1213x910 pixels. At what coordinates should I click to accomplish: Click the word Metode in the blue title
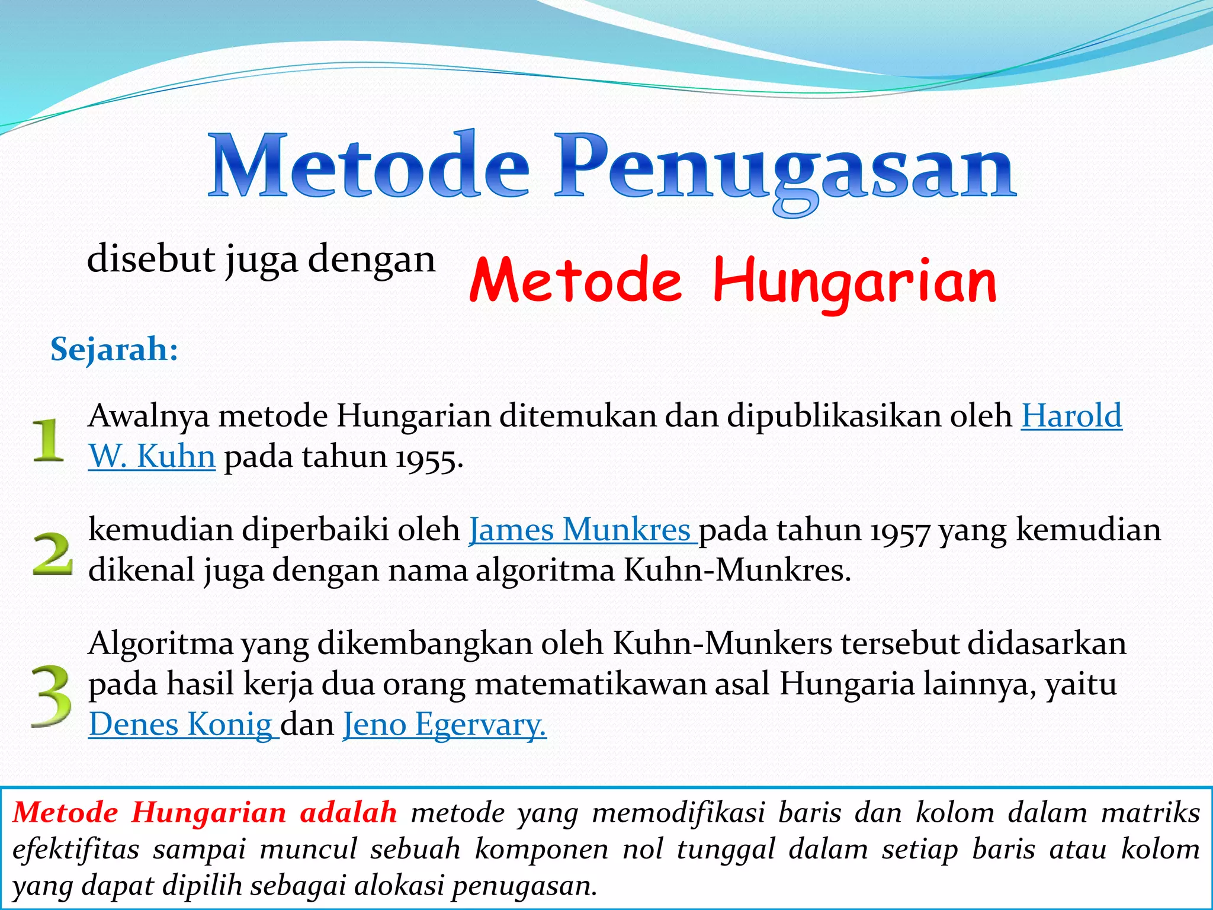(x=368, y=166)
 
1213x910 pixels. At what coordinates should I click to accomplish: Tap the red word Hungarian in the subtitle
(x=855, y=281)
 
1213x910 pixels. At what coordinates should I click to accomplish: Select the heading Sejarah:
(x=114, y=349)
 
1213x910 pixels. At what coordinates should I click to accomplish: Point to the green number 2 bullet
(x=52, y=553)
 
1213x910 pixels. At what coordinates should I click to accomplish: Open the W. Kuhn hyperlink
(x=152, y=457)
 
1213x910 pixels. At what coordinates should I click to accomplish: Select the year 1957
(x=900, y=530)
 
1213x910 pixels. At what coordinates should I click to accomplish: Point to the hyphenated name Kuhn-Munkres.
(x=737, y=570)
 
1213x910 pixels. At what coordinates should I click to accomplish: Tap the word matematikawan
(x=591, y=684)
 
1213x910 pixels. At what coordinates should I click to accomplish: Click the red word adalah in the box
(x=348, y=812)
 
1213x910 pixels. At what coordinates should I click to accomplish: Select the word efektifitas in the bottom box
(x=76, y=848)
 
